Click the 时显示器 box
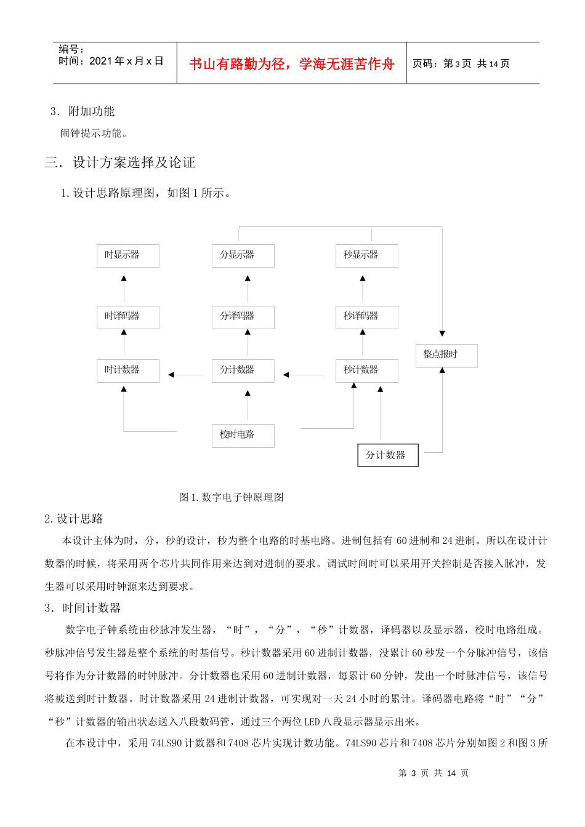pos(128,256)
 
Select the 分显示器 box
pos(243,256)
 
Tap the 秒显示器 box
pos(367,256)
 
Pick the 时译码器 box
pos(128,317)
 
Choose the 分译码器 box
pos(243,317)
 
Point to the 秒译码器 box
pos(367,317)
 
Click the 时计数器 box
pos(128,370)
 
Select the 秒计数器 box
pos(367,370)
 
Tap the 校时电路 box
pos(243,435)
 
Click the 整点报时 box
pos(446,355)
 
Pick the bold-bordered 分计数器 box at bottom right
pos(388,455)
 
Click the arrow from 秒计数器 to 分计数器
pos(305,375)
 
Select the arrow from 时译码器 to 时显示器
pos(124,289)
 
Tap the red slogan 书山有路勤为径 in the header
pos(291,64)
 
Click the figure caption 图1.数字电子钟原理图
pos(231,497)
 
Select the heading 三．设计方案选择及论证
pos(120,162)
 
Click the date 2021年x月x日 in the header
pos(126,61)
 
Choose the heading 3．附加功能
pos(83,111)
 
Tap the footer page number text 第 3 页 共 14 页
pos(434,773)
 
